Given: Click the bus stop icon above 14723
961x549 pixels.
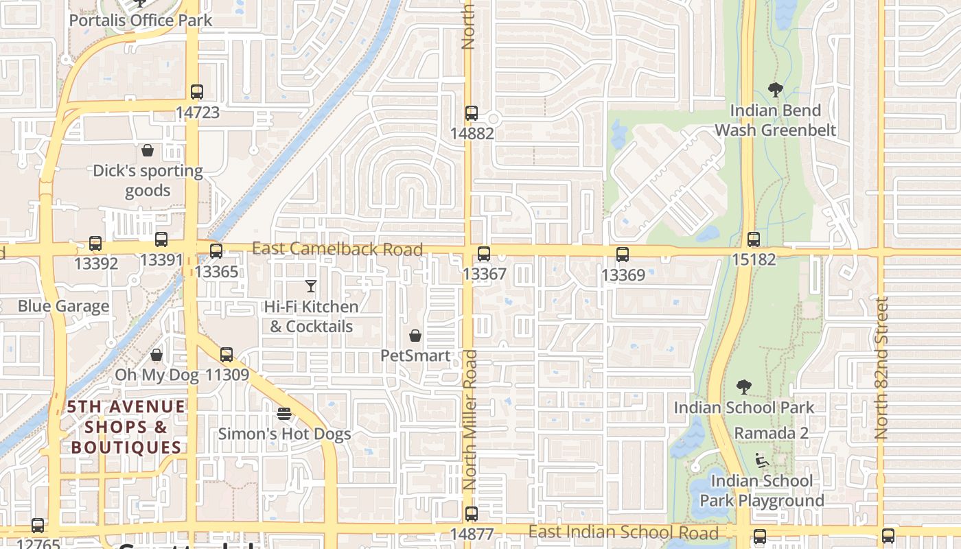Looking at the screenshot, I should tap(197, 91).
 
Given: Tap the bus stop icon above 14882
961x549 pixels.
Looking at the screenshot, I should tap(472, 113).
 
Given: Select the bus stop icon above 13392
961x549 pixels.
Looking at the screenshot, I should tap(95, 244).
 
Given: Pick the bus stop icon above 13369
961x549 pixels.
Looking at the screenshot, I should tap(623, 255).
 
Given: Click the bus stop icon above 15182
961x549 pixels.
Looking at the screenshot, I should tap(754, 240).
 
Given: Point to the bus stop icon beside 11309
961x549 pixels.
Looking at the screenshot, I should tap(227, 355).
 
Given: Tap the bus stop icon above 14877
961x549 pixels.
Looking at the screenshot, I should tap(472, 513).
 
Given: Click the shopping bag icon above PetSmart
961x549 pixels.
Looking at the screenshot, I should tap(415, 336).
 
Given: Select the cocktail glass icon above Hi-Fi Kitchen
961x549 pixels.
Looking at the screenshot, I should tap(311, 286).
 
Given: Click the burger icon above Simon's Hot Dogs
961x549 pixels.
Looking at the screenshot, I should tap(284, 414).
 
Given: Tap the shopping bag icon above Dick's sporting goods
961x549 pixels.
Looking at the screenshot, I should tap(148, 150).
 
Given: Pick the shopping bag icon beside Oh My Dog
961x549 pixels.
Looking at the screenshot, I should tap(157, 355).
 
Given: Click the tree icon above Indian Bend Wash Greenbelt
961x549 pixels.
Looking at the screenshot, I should tap(776, 90).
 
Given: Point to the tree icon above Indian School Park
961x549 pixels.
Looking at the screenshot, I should tap(743, 387).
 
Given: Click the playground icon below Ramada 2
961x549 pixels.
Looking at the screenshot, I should tap(761, 460).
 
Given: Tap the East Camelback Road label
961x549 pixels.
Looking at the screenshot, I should tap(337, 248).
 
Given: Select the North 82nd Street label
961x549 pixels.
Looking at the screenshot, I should tap(882, 368).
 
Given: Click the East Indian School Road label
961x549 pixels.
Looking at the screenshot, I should tap(623, 533).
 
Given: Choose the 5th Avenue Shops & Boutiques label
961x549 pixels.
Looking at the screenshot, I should tap(126, 427).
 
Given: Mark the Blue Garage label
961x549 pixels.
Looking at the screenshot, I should tap(63, 306).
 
